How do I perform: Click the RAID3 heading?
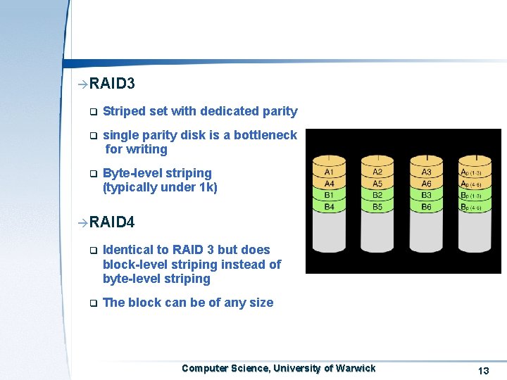(x=112, y=84)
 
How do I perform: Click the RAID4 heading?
(x=112, y=222)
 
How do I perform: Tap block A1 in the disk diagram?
(x=329, y=172)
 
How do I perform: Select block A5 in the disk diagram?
(x=378, y=184)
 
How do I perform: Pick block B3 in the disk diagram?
(x=427, y=195)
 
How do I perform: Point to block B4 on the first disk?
(x=329, y=207)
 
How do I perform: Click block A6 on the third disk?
(x=427, y=184)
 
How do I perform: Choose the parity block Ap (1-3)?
(x=470, y=172)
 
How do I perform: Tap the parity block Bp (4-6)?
(x=470, y=207)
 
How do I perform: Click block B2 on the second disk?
(x=378, y=195)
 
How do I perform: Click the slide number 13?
(x=483, y=371)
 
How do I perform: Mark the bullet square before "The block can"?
(x=92, y=304)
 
